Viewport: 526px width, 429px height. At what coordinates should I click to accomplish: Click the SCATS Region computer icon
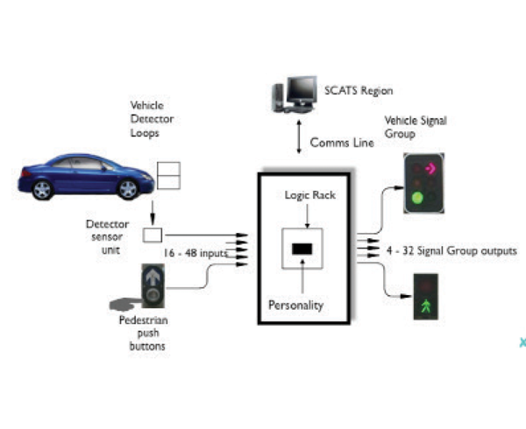(x=295, y=95)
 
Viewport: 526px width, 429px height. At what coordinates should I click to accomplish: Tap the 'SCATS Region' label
(x=359, y=91)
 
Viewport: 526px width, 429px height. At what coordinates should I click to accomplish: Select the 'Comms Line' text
(x=342, y=143)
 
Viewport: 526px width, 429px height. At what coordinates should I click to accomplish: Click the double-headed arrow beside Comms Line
(x=299, y=137)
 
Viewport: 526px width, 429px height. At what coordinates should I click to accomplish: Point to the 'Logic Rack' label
(x=310, y=195)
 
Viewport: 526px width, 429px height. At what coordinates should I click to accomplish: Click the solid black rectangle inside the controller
(x=302, y=250)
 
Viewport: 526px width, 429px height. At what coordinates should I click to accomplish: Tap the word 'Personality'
(x=296, y=306)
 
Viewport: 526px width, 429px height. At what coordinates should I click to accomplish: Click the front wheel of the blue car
(x=128, y=189)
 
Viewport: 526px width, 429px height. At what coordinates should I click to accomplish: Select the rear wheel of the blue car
(x=42, y=190)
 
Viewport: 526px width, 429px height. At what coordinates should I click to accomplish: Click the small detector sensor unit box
(x=153, y=236)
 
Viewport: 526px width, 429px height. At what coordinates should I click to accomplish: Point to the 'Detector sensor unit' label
(x=107, y=236)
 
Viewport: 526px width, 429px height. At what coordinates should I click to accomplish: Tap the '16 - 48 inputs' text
(x=195, y=253)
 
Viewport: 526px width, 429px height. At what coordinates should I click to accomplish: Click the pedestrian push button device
(x=153, y=285)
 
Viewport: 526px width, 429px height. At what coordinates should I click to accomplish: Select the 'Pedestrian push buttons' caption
(x=144, y=333)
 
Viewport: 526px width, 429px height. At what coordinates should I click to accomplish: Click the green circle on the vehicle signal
(x=417, y=198)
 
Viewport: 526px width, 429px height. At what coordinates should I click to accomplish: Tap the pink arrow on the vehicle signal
(x=430, y=168)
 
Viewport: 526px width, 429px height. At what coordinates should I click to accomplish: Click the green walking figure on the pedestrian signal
(x=426, y=306)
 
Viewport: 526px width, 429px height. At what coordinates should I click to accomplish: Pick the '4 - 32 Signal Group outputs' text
(x=451, y=251)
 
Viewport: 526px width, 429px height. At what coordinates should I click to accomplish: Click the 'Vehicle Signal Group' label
(x=416, y=127)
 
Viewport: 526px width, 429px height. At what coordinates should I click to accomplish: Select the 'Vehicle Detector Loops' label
(x=152, y=119)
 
